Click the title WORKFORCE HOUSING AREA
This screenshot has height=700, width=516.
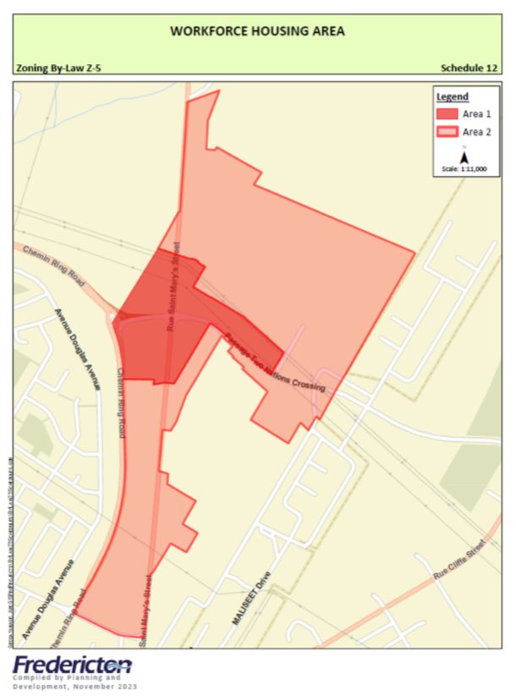pyautogui.click(x=257, y=30)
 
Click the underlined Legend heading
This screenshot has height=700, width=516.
pyautogui.click(x=452, y=96)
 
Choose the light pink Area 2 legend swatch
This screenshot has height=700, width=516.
pyautogui.click(x=447, y=132)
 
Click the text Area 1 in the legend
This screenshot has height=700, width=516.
pyautogui.click(x=476, y=114)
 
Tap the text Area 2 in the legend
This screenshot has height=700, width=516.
pyautogui.click(x=476, y=132)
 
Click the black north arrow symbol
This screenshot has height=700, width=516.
pyautogui.click(x=464, y=156)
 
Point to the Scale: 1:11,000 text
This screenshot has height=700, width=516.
pyautogui.click(x=464, y=169)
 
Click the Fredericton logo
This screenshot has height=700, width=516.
pyautogui.click(x=72, y=664)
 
